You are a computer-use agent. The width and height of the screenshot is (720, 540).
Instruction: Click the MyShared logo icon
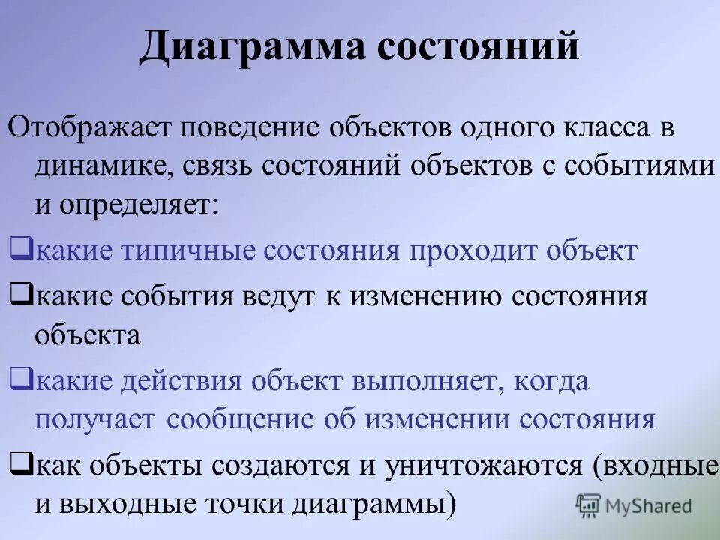point(588,505)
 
